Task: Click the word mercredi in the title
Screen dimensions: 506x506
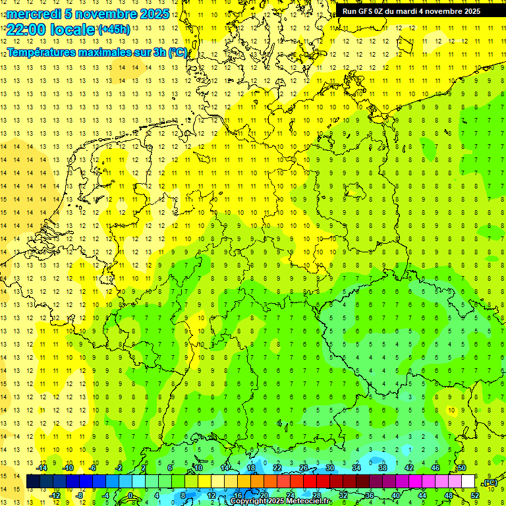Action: point(34,14)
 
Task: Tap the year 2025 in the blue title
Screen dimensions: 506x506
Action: point(153,14)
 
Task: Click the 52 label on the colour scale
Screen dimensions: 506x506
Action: point(474,495)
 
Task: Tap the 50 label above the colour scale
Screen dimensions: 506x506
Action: point(462,468)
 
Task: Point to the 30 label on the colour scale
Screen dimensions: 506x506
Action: point(330,468)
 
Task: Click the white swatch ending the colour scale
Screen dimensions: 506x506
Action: point(468,482)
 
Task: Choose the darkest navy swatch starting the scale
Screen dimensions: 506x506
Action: point(33,482)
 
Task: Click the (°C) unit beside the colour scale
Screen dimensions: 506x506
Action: point(490,482)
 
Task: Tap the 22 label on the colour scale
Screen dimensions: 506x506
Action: point(277,468)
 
